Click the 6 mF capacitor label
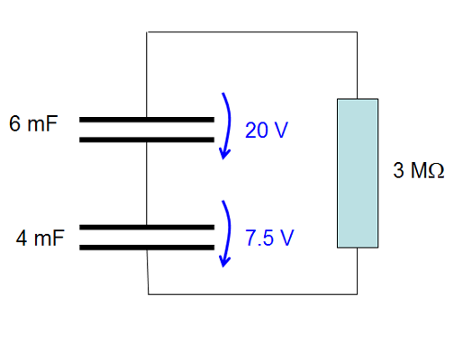coord(33,123)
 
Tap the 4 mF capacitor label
coord(41,238)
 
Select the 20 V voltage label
coord(267,130)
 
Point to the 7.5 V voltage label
coord(269,238)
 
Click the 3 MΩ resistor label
coord(419,170)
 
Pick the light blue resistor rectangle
coord(358,174)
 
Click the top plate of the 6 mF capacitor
coord(147,120)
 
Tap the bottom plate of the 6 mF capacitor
coord(147,139)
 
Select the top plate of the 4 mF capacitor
coord(147,227)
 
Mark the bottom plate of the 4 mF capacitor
coord(147,247)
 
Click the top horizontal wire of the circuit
coord(252,31)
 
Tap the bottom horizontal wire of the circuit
coord(252,294)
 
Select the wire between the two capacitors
coord(147,184)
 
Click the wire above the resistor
coord(358,65)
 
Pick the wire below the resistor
coord(358,271)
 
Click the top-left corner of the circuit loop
coord(147,31)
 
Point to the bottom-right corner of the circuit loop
coord(358,294)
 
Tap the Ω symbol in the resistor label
coord(436,170)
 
